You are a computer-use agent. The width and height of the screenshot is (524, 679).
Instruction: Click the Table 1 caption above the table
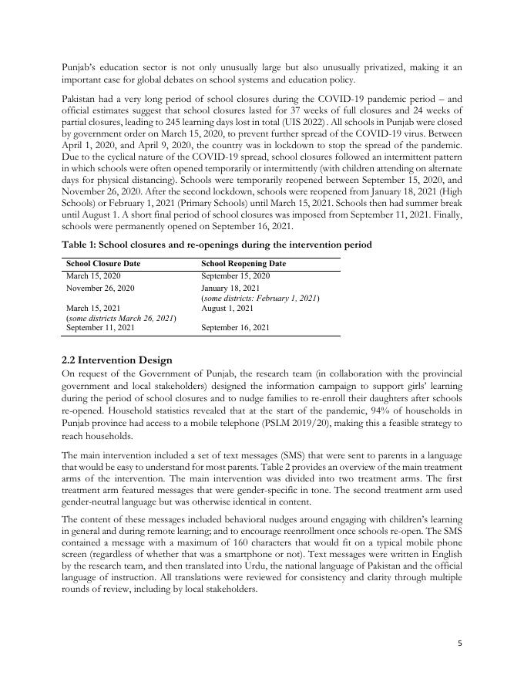pos(217,245)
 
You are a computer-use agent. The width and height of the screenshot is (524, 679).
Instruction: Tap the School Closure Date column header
pos(102,263)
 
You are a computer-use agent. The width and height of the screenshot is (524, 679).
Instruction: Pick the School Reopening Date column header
pos(243,263)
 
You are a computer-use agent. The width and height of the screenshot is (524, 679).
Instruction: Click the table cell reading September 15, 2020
pos(235,275)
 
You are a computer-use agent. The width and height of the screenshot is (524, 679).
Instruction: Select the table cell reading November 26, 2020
pos(100,288)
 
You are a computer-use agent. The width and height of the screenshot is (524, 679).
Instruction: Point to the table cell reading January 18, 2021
pos(230,288)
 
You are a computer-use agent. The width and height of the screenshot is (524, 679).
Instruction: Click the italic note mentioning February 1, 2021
pos(260,298)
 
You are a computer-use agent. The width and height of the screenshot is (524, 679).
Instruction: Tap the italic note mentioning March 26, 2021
pos(122,318)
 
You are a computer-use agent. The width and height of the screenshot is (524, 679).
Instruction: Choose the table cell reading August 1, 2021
pos(227,308)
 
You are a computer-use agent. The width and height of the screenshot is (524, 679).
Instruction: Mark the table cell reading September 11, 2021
pos(100,328)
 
